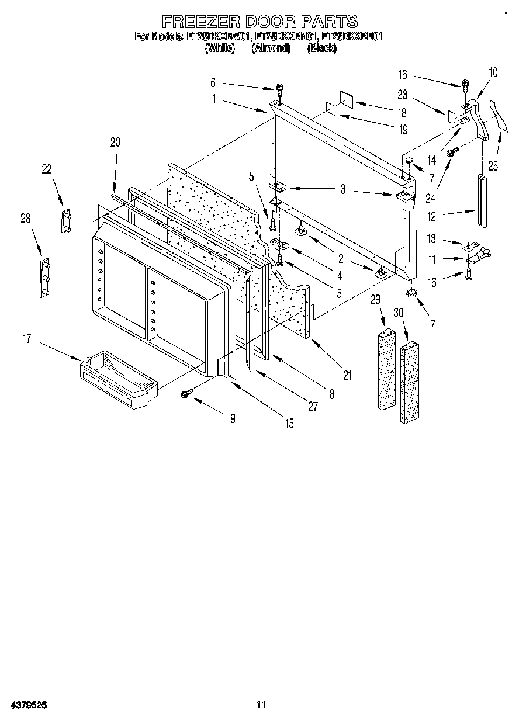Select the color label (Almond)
click(270, 48)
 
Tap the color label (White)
click(220, 48)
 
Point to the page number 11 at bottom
click(261, 705)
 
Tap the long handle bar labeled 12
click(482, 200)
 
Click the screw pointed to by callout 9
click(188, 394)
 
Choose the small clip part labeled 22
click(65, 220)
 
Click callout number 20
click(115, 142)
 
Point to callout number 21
click(347, 376)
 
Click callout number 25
click(494, 166)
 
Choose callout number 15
click(289, 423)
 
